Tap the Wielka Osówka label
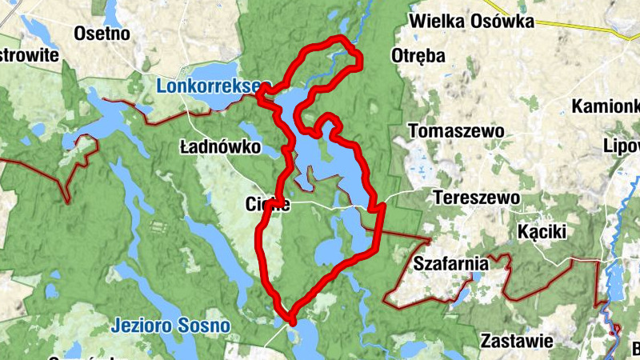tap(471, 21)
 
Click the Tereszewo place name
tap(476, 197)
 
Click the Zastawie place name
tap(517, 342)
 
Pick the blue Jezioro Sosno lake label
tap(170, 326)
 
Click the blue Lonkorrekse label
tap(209, 85)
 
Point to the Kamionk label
tap(606, 106)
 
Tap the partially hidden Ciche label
tap(266, 205)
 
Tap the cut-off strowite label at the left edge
tap(30, 55)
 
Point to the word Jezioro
tap(142, 326)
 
